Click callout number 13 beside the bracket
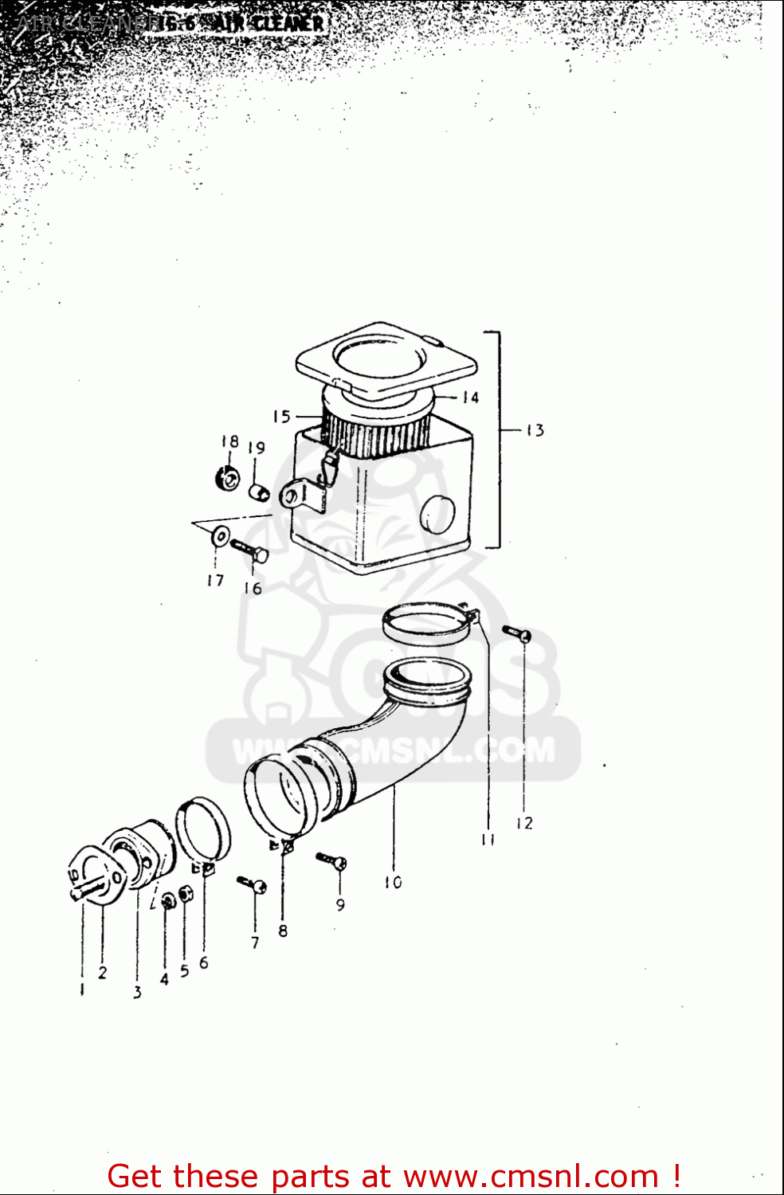coord(535,430)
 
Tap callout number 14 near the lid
coord(470,397)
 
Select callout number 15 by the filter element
coord(281,416)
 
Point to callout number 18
coord(229,441)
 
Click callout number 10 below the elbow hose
coord(393,882)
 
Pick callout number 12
coord(523,823)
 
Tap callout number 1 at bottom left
coord(82,989)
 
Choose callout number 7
coord(255,942)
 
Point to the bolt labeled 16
coord(250,550)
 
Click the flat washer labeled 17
coord(220,535)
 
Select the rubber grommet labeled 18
coord(229,479)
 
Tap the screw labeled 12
coord(517,634)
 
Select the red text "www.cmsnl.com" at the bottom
coord(531,1176)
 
